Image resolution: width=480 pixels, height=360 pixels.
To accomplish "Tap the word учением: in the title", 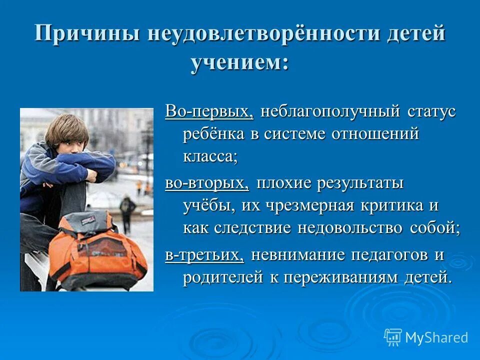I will click(240, 63).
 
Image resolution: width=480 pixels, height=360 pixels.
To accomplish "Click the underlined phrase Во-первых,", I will click(209, 111).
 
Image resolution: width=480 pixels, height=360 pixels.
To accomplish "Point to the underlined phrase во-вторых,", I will click(207, 183).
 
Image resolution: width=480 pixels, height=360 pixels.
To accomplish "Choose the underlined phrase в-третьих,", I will click(204, 254).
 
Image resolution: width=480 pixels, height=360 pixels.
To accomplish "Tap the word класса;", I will click(209, 156).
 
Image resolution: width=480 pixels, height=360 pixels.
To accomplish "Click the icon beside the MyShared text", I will click(392, 337).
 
